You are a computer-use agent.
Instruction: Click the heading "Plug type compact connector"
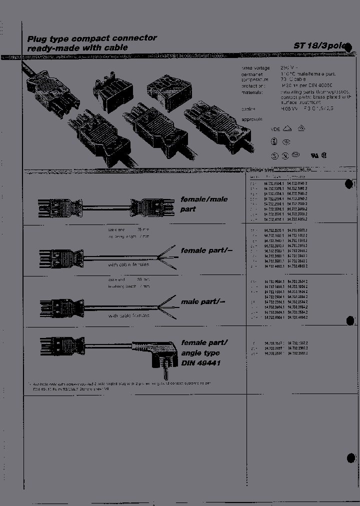(92, 38)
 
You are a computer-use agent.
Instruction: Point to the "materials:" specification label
(252, 92)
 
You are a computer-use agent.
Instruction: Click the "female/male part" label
(203, 204)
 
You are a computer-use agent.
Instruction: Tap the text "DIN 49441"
(200, 362)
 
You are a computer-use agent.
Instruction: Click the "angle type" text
(200, 352)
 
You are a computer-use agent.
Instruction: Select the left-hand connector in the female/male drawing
(60, 207)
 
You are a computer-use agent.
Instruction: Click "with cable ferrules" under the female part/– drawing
(128, 265)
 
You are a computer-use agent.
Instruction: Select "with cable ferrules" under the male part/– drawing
(128, 315)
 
